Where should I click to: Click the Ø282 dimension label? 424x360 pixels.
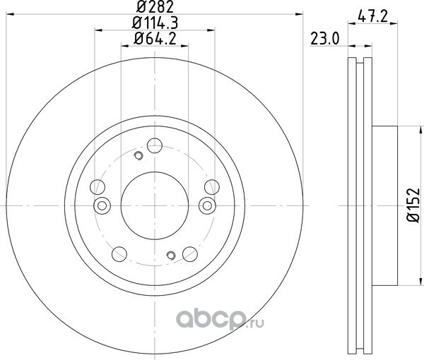coord(155,7)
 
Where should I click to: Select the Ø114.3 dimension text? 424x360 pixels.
coord(155,23)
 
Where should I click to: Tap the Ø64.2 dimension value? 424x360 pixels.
coord(155,39)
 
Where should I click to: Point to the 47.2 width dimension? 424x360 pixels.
coord(372,17)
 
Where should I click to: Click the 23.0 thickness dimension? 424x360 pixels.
coord(324,39)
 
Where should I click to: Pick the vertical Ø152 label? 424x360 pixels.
coord(413,205)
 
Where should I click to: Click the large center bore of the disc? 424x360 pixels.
coord(154,205)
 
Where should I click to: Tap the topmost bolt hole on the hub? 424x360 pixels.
coord(155,145)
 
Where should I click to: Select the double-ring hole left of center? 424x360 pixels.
coord(102,206)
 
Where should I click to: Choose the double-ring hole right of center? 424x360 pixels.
coord(207,206)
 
